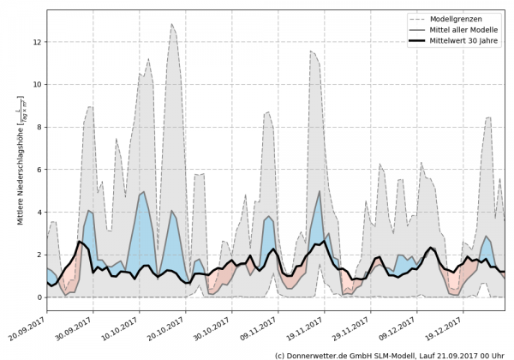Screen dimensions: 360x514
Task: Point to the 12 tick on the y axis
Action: tap(36, 42)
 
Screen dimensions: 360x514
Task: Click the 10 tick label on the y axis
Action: tap(36, 85)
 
